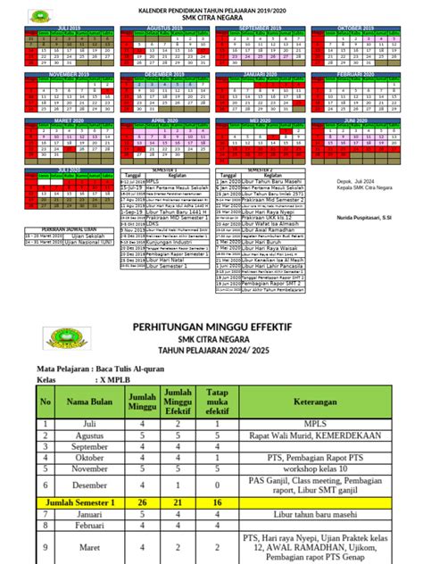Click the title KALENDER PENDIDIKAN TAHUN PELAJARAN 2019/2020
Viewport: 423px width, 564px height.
211,9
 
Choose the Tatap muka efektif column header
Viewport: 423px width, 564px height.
217,402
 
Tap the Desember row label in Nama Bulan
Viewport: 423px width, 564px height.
87,485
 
